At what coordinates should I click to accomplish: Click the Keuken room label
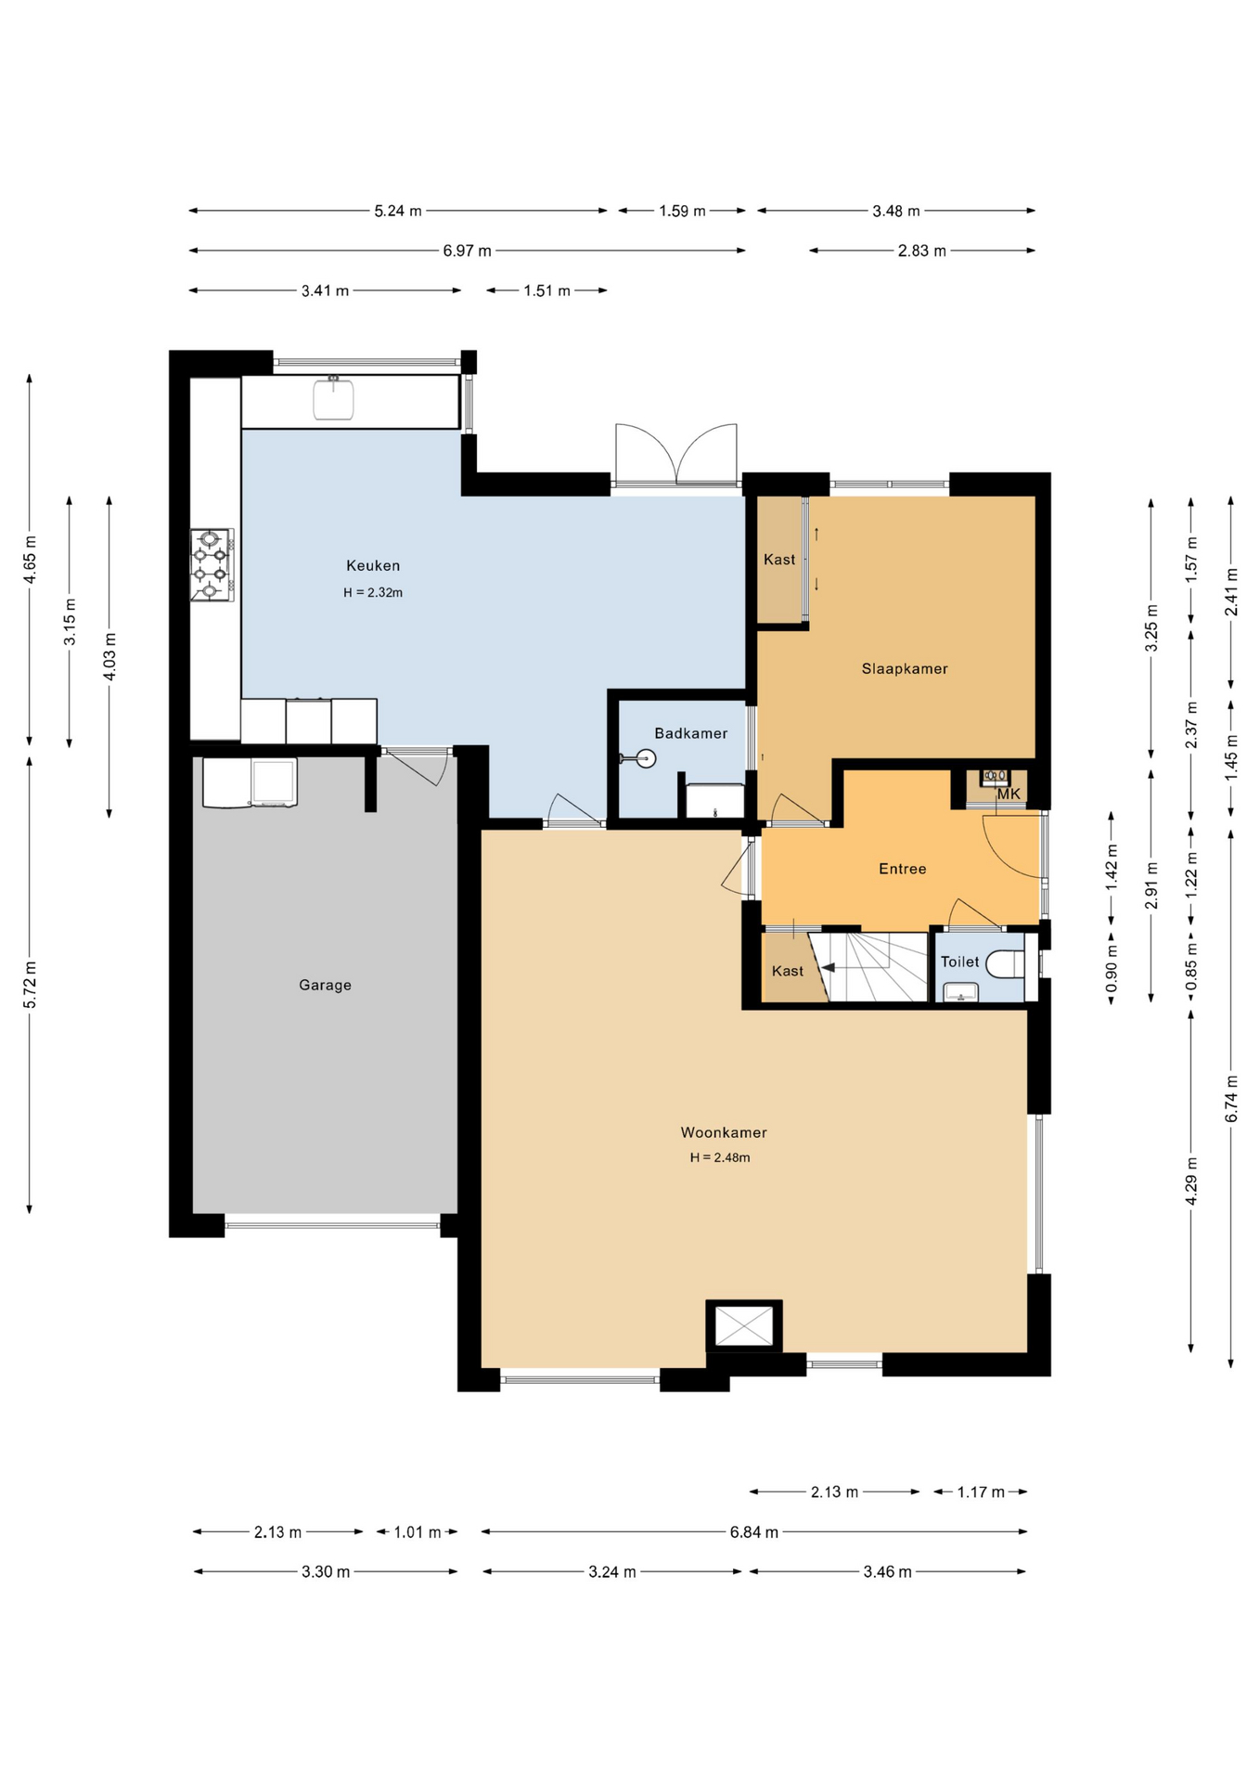click(x=373, y=565)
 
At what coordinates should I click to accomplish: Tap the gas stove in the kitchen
click(x=212, y=565)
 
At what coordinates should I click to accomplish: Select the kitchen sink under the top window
click(x=333, y=398)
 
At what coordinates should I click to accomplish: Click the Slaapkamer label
click(x=905, y=668)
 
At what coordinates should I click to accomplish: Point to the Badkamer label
click(x=691, y=733)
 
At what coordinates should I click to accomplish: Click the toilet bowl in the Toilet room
click(x=1004, y=964)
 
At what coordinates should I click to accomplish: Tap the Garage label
click(x=325, y=985)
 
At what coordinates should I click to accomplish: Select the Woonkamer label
click(x=724, y=1132)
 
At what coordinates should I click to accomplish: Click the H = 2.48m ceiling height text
click(x=720, y=1157)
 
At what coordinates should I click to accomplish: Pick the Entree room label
click(x=903, y=869)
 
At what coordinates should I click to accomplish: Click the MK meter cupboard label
click(x=1009, y=794)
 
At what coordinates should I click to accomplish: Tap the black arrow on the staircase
click(x=827, y=967)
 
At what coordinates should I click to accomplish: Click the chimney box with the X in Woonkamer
click(x=744, y=1325)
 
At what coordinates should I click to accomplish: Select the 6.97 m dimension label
click(x=467, y=251)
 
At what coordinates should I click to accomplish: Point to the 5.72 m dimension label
click(x=30, y=985)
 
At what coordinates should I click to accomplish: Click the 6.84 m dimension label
click(x=753, y=1532)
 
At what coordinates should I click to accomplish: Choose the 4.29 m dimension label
click(x=1191, y=1182)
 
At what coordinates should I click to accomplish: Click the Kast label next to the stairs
click(x=788, y=971)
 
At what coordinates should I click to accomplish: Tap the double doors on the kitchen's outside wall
click(x=676, y=454)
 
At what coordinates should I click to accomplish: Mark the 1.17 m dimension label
click(x=981, y=1492)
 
